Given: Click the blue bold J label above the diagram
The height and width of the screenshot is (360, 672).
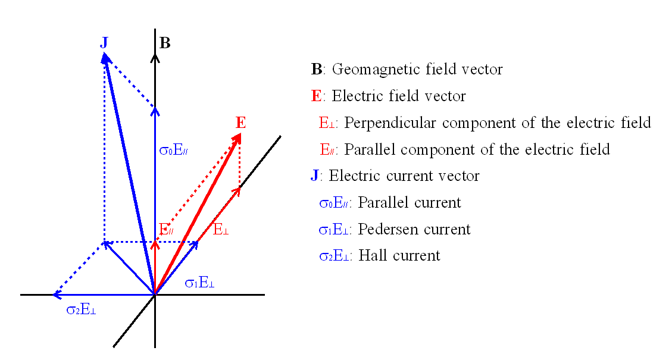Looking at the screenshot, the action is point(104,43).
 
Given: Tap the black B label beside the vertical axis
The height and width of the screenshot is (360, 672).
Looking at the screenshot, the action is point(165,43).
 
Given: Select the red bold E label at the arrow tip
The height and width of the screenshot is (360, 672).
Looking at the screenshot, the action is point(241,123).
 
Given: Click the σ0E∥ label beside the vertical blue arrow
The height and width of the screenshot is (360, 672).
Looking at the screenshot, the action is point(174,151).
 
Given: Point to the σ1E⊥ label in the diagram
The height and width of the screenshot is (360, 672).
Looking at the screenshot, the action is point(200,283).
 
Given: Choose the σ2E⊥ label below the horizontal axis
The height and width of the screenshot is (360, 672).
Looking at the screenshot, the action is point(81,309).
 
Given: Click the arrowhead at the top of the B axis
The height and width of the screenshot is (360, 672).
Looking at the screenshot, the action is point(155,58).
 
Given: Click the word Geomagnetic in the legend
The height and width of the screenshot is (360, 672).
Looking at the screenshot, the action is point(371,69).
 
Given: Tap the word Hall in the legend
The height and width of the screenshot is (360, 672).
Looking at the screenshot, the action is point(371,255).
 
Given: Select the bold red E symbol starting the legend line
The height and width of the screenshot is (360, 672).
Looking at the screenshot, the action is point(316,96).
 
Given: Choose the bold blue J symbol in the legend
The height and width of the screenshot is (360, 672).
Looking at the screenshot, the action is point(314,176).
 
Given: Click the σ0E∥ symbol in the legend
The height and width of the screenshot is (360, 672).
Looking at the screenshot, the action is point(334,203).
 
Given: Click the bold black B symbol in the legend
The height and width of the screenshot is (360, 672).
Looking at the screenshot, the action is point(317,69).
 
